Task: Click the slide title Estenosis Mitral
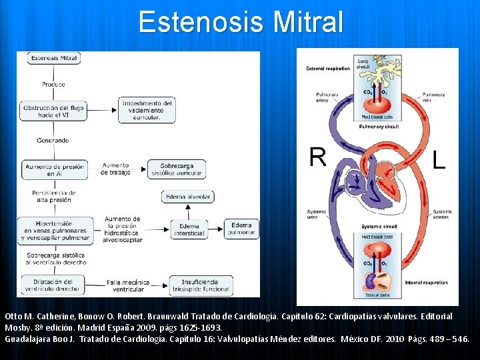[241, 21]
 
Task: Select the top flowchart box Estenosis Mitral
[53, 58]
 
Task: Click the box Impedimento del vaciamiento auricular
[147, 111]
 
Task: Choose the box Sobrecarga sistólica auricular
[177, 169]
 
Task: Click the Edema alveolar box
[188, 197]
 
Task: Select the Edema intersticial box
[189, 229]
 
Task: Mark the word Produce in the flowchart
[53, 85]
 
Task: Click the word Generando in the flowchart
[53, 141]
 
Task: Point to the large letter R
[318, 157]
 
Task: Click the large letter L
[438, 160]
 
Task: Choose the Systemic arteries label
[441, 214]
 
